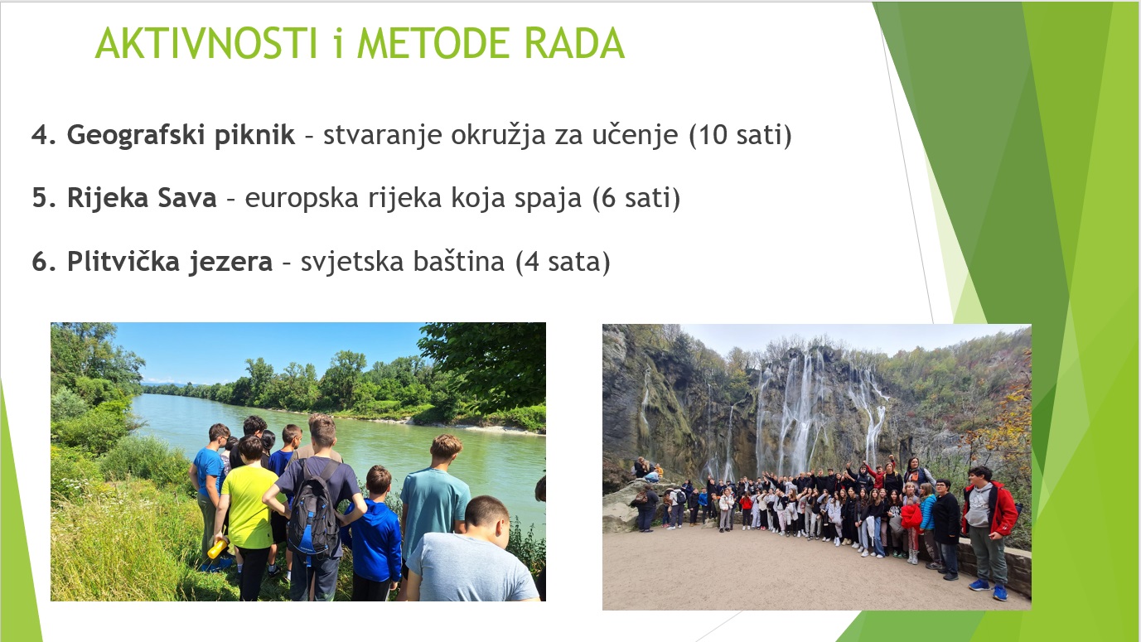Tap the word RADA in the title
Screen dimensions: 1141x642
(574, 43)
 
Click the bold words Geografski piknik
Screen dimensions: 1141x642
(181, 135)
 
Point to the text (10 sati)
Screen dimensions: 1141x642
(741, 135)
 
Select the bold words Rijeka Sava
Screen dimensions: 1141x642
(142, 198)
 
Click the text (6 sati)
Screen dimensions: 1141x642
(636, 198)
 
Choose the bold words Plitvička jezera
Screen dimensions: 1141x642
(170, 263)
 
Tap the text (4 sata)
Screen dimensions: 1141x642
(563, 263)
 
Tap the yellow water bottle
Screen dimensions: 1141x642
(216, 549)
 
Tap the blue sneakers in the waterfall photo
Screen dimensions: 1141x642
(989, 589)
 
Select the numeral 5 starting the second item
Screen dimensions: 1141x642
(40, 198)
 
